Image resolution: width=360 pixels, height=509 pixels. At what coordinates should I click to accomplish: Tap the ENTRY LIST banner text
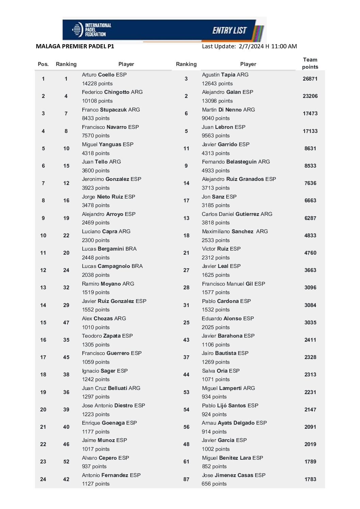(229, 31)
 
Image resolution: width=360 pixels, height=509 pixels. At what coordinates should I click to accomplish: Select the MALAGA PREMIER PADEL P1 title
(75, 46)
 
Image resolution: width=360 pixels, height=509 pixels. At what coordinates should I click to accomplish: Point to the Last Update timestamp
(249, 46)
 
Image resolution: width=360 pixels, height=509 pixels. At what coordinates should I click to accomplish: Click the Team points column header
(310, 63)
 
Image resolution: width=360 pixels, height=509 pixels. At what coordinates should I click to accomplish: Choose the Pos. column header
(43, 64)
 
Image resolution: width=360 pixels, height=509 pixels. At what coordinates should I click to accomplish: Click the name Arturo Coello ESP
(104, 74)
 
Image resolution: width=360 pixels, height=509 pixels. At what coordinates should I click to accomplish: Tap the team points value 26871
(310, 79)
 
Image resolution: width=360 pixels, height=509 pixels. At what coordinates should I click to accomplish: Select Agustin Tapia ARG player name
(225, 74)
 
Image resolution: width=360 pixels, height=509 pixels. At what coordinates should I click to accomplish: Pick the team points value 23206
(310, 96)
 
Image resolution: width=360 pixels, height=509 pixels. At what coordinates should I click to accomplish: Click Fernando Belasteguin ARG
(236, 162)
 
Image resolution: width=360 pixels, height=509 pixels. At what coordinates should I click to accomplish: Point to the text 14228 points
(97, 84)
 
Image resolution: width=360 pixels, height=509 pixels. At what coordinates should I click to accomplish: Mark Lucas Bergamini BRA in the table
(109, 249)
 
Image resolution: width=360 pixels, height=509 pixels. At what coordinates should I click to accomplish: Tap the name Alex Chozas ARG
(104, 319)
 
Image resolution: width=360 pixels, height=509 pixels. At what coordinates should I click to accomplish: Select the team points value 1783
(310, 479)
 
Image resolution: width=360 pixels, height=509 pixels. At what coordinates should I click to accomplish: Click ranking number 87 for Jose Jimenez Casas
(186, 479)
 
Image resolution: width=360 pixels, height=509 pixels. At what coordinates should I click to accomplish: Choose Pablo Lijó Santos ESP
(230, 406)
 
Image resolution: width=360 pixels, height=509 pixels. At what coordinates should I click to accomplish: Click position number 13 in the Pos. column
(43, 288)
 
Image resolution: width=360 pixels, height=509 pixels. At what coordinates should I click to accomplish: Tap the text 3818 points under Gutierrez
(215, 223)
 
